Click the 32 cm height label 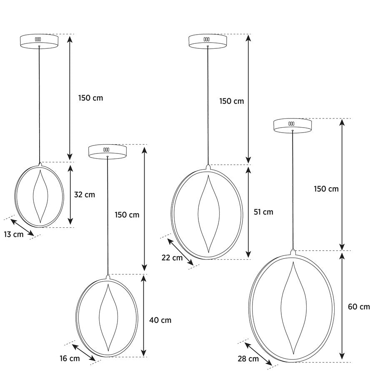(x=84, y=194)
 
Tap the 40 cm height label (x=160, y=320)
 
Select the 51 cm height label (x=263, y=212)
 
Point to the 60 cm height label (x=358, y=307)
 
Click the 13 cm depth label (x=14, y=234)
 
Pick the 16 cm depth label (x=69, y=358)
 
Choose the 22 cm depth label (x=172, y=258)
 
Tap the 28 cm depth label (x=248, y=359)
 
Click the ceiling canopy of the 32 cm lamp (x=39, y=41)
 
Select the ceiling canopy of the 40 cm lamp (x=107, y=151)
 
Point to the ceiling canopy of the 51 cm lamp (x=207, y=41)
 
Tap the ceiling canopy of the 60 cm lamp (x=292, y=126)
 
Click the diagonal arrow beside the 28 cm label (x=258, y=354)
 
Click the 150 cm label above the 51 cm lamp (x=232, y=101)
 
